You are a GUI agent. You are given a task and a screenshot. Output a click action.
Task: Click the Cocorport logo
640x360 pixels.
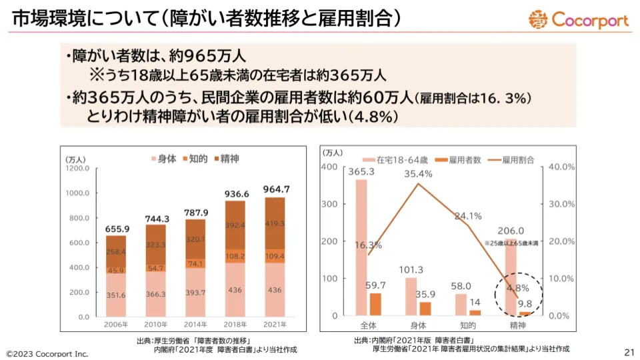[x=579, y=19]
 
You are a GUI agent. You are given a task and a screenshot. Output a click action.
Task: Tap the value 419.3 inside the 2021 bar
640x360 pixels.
[x=280, y=223]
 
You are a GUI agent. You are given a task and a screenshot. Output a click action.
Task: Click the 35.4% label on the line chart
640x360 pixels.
[x=419, y=174]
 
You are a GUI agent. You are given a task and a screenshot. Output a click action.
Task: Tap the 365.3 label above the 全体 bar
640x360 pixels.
[x=361, y=171]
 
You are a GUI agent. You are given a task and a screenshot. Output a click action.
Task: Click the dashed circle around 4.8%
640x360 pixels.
[x=518, y=296]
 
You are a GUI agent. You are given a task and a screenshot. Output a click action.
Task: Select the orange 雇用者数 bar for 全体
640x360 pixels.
[x=375, y=304]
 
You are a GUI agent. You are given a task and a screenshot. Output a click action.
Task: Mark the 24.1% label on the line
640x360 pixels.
[x=468, y=216]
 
